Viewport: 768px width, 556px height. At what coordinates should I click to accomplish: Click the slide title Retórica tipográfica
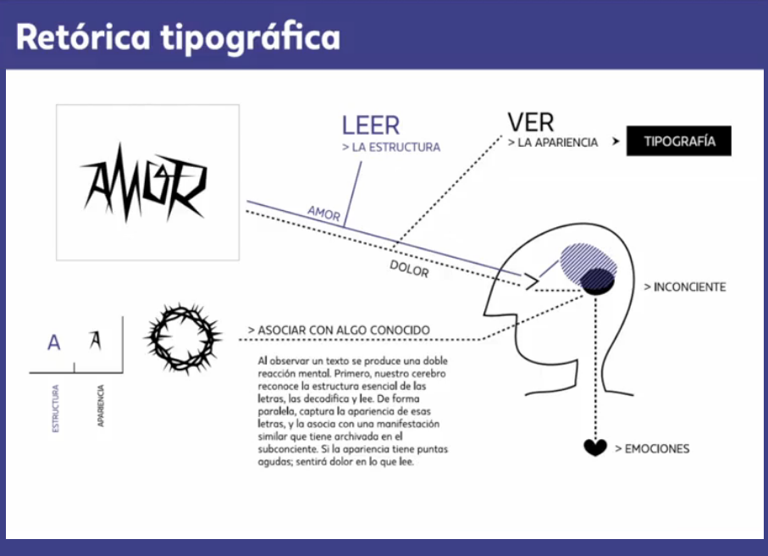178,37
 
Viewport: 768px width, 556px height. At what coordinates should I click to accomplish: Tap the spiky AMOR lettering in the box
143,182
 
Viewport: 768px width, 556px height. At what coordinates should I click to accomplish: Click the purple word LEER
370,125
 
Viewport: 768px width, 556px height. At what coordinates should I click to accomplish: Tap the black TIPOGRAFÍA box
678,142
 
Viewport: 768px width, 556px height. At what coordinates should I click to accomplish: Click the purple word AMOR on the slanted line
323,212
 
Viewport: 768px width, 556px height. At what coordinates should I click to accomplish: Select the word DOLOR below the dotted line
409,269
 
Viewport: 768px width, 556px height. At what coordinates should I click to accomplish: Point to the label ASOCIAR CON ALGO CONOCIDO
339,330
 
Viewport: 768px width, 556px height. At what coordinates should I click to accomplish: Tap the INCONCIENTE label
685,287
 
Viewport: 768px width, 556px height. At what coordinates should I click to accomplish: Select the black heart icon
595,448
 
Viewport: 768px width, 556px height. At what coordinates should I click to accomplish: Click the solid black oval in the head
600,281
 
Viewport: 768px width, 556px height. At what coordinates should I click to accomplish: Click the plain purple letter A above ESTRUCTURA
54,343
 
